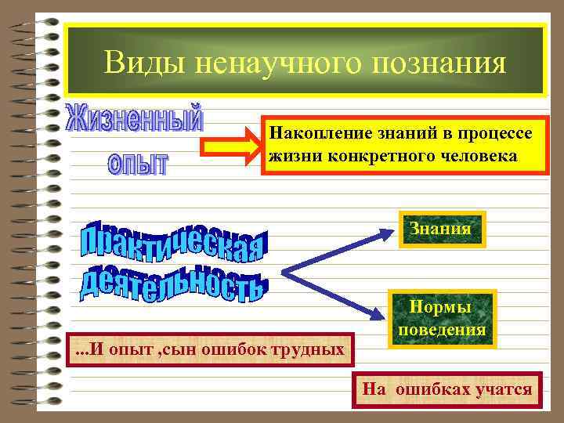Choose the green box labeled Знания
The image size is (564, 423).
pyautogui.click(x=441, y=230)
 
